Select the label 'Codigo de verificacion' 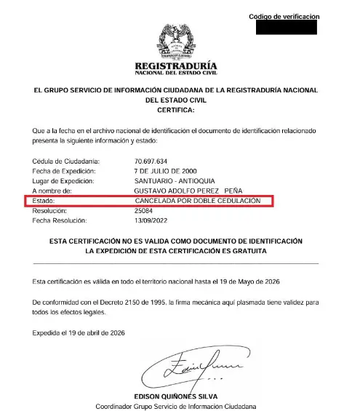click(x=283, y=16)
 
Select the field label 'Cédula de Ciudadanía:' click(x=66, y=161)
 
